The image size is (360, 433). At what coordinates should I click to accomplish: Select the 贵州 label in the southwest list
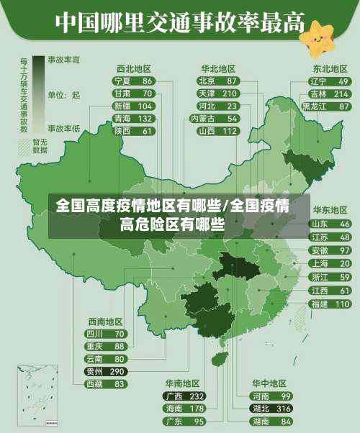click(94, 371)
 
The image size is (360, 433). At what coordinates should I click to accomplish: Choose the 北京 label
click(207, 81)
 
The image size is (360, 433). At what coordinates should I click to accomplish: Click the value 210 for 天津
click(230, 94)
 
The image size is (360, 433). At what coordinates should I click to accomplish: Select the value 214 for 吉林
click(341, 94)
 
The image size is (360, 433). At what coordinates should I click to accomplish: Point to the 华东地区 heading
click(329, 210)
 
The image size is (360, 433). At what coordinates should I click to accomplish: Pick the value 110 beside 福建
click(342, 304)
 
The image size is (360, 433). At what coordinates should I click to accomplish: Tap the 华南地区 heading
click(182, 383)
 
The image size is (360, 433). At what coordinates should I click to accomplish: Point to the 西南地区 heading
click(105, 322)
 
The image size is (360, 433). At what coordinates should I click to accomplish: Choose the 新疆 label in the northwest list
click(122, 106)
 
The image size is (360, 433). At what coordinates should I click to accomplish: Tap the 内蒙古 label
click(204, 118)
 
